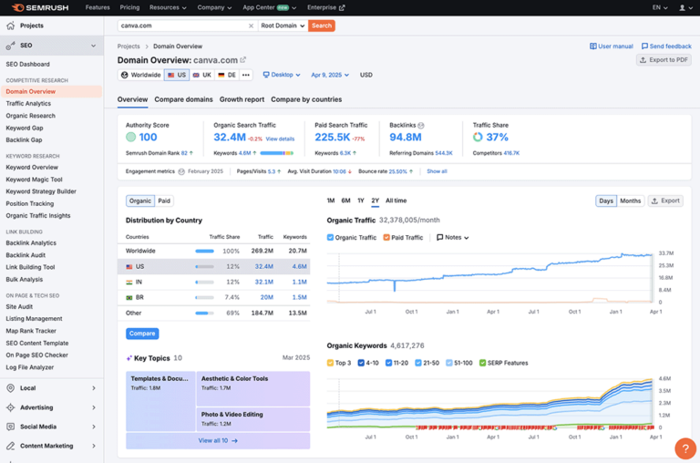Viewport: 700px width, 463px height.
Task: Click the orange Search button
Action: click(x=321, y=26)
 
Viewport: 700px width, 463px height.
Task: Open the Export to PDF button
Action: click(x=664, y=60)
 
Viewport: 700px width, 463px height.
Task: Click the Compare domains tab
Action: click(x=183, y=99)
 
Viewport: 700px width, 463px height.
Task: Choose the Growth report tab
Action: click(x=242, y=99)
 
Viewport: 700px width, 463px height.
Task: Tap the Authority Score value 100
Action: click(x=147, y=138)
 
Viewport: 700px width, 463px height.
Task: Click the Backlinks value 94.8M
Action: click(x=405, y=138)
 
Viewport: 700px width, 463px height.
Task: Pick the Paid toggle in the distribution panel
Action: click(x=164, y=201)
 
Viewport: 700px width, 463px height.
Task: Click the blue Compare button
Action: click(x=142, y=334)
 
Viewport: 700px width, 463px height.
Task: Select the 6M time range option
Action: click(x=345, y=201)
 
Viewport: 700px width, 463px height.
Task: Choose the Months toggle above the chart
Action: click(x=630, y=201)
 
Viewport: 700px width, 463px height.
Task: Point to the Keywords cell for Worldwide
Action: click(x=297, y=251)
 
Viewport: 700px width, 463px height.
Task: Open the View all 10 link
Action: click(x=218, y=440)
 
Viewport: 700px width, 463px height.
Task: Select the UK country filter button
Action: click(x=202, y=75)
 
